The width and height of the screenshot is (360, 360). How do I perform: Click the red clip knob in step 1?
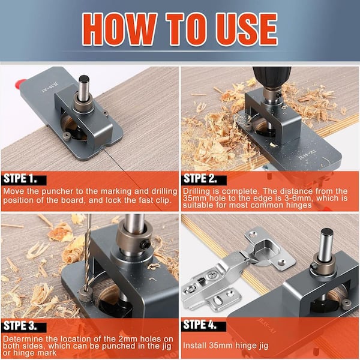[x=20, y=83]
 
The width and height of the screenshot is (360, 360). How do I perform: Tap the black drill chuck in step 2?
[x=272, y=77]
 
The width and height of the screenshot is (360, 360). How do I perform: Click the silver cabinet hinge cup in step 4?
[x=267, y=250]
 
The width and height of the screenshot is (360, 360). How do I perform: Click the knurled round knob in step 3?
[x=86, y=295]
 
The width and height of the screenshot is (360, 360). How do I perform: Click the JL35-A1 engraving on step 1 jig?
[x=49, y=88]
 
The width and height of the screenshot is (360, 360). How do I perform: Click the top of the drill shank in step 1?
[x=84, y=79]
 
